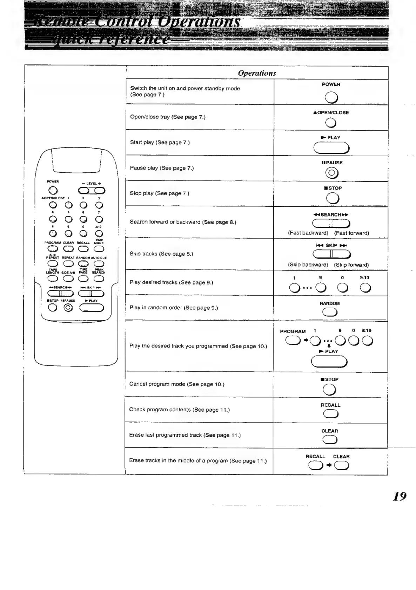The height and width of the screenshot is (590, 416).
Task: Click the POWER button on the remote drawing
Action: pos(53,190)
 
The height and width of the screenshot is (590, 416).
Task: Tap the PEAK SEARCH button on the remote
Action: pos(99,279)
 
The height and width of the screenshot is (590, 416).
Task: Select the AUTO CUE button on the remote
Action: pos(99,264)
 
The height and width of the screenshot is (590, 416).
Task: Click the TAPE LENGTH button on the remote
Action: pos(53,279)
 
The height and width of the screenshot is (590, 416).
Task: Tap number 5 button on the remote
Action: pos(68,220)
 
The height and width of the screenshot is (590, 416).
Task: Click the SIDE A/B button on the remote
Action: pos(68,279)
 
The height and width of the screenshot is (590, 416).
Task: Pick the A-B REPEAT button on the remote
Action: pos(53,264)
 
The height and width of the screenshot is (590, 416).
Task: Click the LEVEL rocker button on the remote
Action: pos(92,191)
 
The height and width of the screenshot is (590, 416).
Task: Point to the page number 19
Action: pos(400,496)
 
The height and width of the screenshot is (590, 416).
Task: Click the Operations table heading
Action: pos(257,73)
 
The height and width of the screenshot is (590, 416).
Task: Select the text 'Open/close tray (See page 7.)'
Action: pos(168,117)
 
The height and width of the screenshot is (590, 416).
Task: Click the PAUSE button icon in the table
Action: pos(331,173)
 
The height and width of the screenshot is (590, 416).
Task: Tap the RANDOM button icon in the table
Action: pos(330,313)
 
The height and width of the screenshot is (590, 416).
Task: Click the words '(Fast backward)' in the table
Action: pos(308,233)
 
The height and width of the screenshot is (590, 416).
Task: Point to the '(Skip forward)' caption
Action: pos(351,265)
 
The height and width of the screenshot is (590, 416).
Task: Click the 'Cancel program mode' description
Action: pos(177,384)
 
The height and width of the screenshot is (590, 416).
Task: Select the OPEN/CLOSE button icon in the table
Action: pos(331,123)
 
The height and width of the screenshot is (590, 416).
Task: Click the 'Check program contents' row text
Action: pos(179,410)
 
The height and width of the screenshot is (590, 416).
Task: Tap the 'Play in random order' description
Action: pos(174,308)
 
